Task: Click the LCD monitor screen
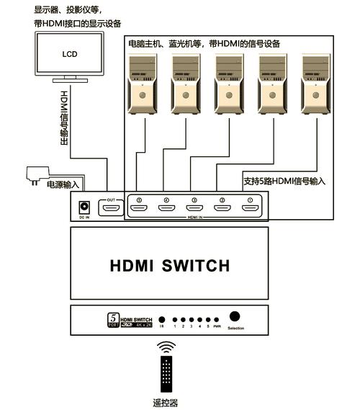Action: (x=68, y=54)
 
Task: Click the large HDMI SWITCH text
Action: (x=170, y=266)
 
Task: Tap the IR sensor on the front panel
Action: (x=162, y=318)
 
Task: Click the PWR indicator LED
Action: (x=217, y=318)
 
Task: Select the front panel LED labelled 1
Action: (x=175, y=318)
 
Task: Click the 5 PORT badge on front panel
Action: (x=112, y=319)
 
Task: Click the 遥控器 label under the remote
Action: (x=166, y=404)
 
